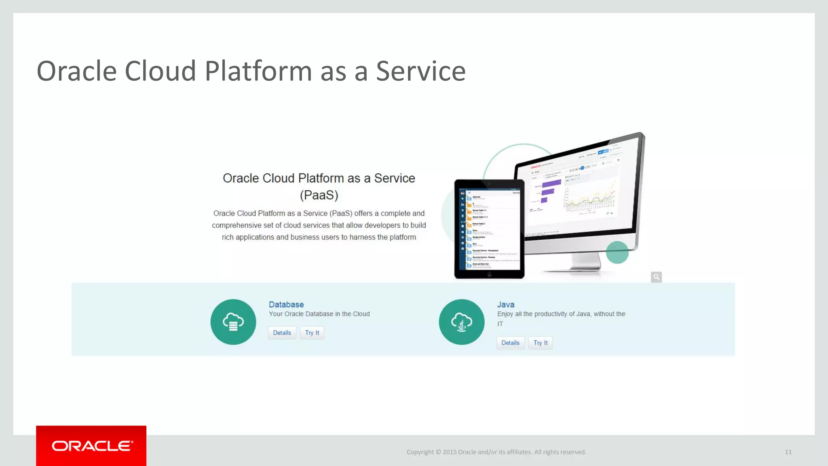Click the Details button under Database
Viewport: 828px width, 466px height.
click(x=282, y=333)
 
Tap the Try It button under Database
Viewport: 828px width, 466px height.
click(x=312, y=333)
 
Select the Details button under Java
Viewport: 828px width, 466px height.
click(x=510, y=343)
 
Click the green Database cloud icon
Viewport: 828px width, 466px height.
click(x=233, y=322)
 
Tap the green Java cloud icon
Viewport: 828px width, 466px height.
click(x=462, y=322)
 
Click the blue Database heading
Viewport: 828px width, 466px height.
click(x=286, y=305)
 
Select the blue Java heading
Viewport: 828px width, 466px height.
click(x=506, y=305)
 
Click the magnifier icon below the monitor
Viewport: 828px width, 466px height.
click(x=656, y=277)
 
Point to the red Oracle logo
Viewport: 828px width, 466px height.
click(x=91, y=446)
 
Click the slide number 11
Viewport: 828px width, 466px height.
click(x=788, y=452)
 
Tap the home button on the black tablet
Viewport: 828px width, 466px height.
click(x=489, y=275)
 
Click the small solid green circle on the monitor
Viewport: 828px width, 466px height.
click(x=617, y=252)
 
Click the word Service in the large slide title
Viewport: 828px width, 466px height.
click(x=420, y=71)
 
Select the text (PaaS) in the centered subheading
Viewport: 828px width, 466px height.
click(x=319, y=195)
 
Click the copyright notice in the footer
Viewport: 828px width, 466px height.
click(x=496, y=452)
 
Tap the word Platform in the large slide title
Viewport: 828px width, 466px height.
click(x=258, y=71)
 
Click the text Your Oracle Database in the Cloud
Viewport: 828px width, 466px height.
click(x=319, y=314)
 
